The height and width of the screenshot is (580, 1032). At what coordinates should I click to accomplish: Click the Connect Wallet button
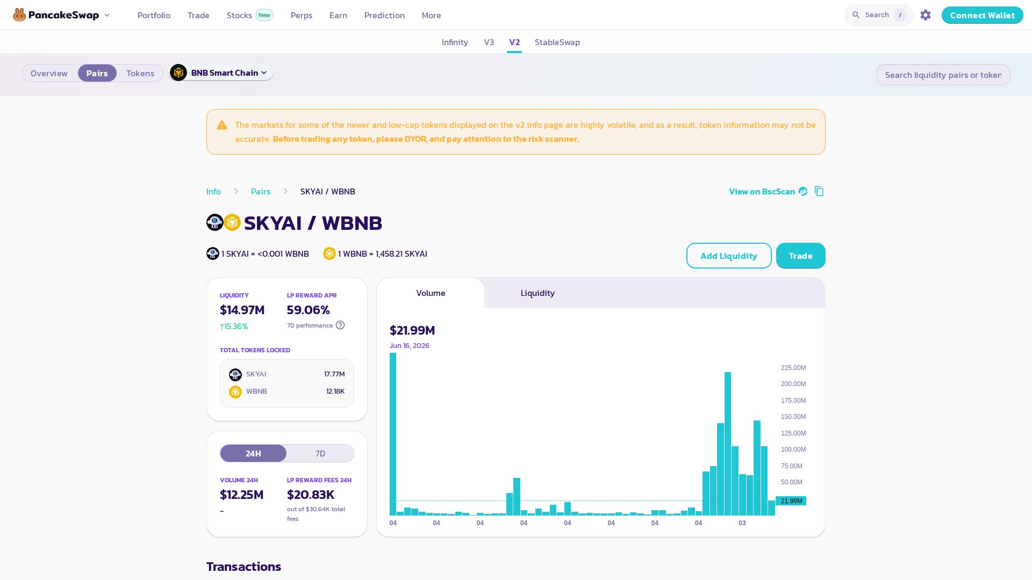pos(982,15)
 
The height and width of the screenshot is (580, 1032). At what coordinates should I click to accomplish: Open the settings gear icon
pos(926,15)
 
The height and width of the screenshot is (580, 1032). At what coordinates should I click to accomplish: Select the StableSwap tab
pos(557,42)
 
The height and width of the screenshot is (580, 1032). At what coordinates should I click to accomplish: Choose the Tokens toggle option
pos(140,73)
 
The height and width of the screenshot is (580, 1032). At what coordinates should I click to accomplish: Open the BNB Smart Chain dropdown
pos(221,73)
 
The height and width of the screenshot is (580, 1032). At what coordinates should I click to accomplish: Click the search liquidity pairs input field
pos(943,75)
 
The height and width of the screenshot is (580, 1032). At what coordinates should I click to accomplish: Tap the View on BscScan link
pos(768,191)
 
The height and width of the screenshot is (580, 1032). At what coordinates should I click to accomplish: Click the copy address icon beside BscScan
pos(819,191)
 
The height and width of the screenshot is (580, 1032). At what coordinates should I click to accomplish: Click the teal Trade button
pos(800,256)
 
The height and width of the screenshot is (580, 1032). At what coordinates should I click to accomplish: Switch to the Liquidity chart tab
pos(537,293)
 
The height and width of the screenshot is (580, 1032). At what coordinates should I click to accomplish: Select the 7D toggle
pos(320,453)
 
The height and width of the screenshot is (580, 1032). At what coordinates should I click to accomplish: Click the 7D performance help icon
pos(340,325)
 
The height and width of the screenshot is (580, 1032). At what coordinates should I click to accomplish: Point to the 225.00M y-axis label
pos(793,368)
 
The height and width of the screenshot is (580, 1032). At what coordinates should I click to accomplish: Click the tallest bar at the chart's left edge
pos(393,434)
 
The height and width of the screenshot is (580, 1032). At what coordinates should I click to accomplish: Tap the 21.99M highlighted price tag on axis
pos(791,501)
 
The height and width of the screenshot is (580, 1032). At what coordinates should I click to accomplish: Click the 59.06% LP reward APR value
pos(308,310)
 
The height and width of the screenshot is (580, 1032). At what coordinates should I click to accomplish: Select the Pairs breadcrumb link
pos(261,191)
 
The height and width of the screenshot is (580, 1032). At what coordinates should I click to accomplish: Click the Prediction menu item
pos(384,15)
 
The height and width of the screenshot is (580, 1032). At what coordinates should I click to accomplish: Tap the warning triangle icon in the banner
pos(222,125)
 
